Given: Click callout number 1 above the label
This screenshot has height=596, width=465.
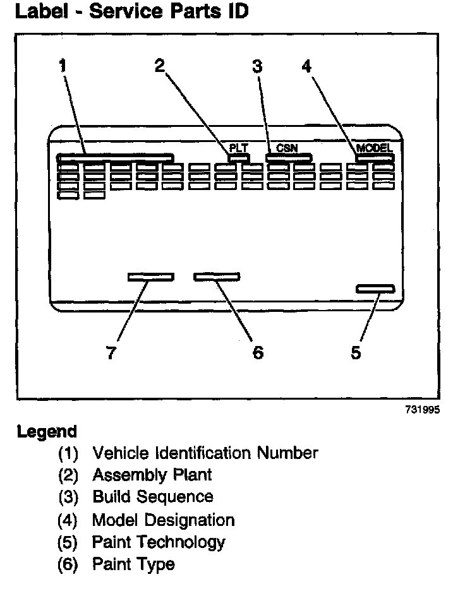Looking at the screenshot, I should pos(63,66).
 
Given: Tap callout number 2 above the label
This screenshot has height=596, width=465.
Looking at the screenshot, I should pos(159,65).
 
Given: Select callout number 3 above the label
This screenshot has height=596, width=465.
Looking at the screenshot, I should pos(257,66).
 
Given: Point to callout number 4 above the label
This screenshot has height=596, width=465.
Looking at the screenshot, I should pos(306,66).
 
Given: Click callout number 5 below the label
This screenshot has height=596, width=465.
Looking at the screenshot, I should pos(356,352).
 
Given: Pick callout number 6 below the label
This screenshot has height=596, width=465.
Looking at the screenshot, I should pos(257,352).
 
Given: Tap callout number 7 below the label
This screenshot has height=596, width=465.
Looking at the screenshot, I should pos(111,352).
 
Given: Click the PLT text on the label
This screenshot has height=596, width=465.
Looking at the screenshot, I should pos(238,148).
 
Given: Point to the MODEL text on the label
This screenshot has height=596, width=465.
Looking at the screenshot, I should pos(375,148).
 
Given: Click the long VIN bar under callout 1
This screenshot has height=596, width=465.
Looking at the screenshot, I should pos(114,157).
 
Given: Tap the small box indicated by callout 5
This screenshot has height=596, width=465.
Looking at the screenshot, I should pos(375,289).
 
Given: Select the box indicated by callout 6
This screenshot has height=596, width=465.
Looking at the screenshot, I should pos(217,277).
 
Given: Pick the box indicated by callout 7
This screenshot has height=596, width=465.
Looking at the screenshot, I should pos(150,277).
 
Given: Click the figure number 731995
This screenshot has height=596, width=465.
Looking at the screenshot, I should pos(422,409).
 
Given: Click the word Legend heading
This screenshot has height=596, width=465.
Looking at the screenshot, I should pos(47,432).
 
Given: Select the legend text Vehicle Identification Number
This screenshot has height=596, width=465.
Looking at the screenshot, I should pos(205,453).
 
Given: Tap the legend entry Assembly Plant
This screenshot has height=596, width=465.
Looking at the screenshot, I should pos(152,474).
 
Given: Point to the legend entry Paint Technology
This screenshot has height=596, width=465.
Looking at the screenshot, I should pos(159,542).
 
